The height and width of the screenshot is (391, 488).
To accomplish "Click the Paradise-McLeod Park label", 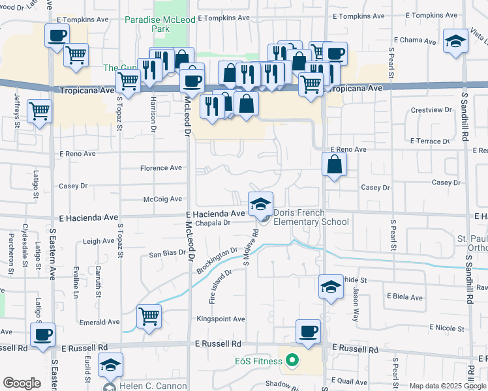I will pyautogui.click(x=151, y=25).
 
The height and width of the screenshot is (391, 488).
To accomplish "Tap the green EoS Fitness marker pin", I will pyautogui.click(x=292, y=360).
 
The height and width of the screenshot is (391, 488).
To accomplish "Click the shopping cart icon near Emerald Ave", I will pyautogui.click(x=149, y=317).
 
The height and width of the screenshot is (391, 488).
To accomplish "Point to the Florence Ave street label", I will pyautogui.click(x=161, y=168).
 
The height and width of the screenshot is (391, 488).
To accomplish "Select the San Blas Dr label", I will pyautogui.click(x=168, y=254).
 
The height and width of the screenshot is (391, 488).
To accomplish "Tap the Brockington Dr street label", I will pyautogui.click(x=217, y=260).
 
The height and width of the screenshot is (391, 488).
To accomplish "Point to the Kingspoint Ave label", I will pyautogui.click(x=221, y=319).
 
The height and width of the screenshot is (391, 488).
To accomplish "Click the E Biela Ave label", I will pyautogui.click(x=404, y=297).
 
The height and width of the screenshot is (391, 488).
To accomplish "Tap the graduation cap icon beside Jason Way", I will pyautogui.click(x=331, y=287).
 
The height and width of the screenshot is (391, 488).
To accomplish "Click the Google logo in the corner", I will pyautogui.click(x=22, y=383).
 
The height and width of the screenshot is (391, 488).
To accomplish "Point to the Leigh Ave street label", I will pyautogui.click(x=99, y=241).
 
